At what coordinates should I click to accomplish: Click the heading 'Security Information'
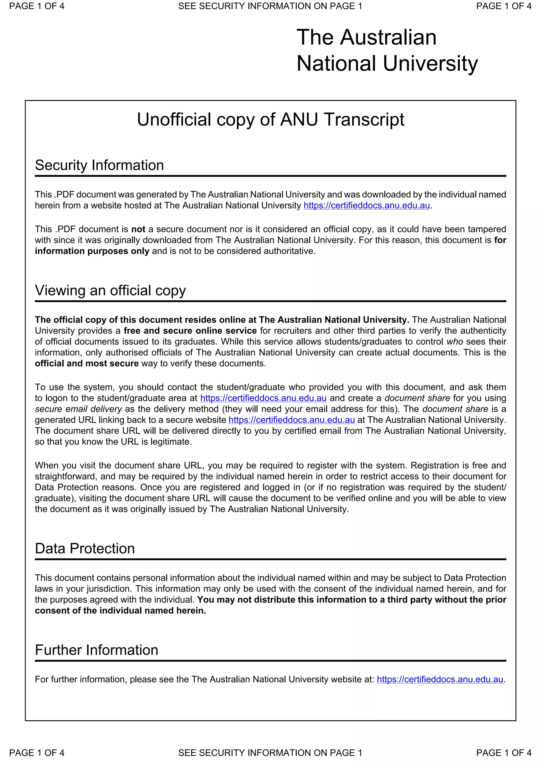pyautogui.click(x=99, y=165)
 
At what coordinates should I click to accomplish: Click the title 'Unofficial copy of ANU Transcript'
pyautogui.click(x=270, y=119)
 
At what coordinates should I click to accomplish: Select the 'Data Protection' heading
pyautogui.click(x=85, y=549)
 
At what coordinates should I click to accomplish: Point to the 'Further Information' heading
pyautogui.click(x=96, y=650)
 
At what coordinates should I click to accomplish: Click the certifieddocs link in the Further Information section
pyautogui.click(x=440, y=679)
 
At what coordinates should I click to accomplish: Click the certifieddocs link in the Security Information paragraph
pyautogui.click(x=366, y=206)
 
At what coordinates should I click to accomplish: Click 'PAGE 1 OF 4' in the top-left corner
pyautogui.click(x=37, y=6)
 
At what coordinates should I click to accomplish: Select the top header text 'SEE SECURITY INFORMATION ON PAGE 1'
pyautogui.click(x=270, y=6)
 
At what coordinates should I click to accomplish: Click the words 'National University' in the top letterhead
pyautogui.click(x=387, y=63)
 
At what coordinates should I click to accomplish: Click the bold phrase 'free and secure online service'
pyautogui.click(x=190, y=330)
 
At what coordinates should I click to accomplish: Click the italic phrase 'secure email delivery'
pyautogui.click(x=78, y=409)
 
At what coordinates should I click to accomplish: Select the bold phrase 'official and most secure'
pyautogui.click(x=87, y=363)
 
